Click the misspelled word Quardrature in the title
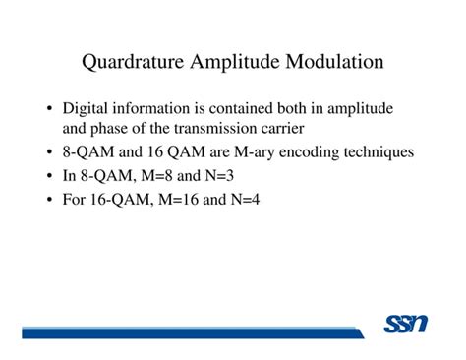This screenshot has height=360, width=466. pos(133,62)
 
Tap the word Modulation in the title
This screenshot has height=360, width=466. pos(334,61)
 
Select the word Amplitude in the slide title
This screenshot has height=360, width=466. pos(235,62)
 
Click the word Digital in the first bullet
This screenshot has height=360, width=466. pos(85,109)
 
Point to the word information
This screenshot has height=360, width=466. pos(151,108)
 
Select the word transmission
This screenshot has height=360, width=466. pos(215,129)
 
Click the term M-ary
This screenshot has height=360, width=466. pos(255,152)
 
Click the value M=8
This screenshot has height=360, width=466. pos(156,176)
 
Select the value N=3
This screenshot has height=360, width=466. pos(219,176)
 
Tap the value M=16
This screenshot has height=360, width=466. pos(178,199)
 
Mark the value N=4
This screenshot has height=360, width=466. pos(245,199)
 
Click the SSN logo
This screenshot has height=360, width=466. pos(406,324)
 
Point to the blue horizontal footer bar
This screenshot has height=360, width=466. pos(193,332)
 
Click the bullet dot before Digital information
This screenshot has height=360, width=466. pos(49,109)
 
